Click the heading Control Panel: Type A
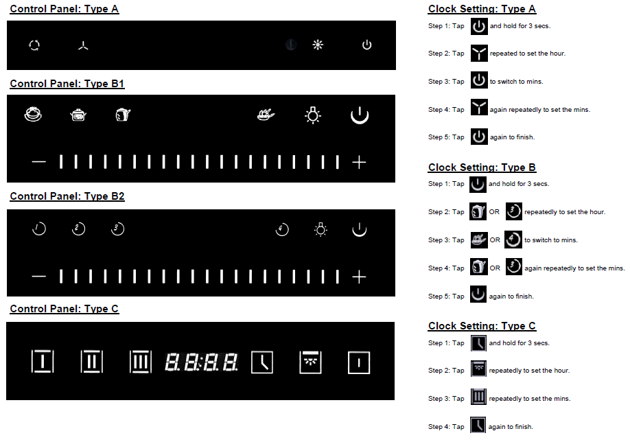tap(65, 9)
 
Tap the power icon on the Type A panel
tap(367, 45)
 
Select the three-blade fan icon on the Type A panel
tap(83, 46)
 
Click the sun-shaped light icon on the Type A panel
tap(318, 45)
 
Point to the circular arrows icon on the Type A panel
tap(34, 45)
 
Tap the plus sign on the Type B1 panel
tap(359, 163)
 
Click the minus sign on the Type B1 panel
tap(39, 162)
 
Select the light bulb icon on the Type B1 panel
tap(313, 115)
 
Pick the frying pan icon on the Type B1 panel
tap(266, 115)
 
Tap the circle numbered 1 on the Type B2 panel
tap(39, 229)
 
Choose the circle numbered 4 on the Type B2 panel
tap(282, 229)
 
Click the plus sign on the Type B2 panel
tap(359, 277)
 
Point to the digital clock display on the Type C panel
tap(201, 362)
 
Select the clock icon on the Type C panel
tap(262, 362)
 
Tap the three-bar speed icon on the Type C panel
tap(141, 362)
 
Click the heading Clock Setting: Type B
tap(482, 167)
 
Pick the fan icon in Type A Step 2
tap(479, 54)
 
